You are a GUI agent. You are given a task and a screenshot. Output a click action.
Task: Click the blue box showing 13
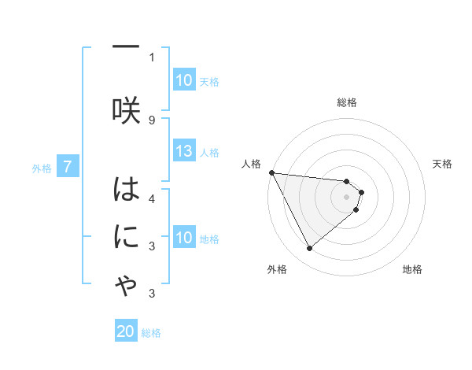(x=184, y=152)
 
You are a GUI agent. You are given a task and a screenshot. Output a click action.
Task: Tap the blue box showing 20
(x=126, y=332)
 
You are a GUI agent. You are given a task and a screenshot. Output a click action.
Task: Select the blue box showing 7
(x=68, y=167)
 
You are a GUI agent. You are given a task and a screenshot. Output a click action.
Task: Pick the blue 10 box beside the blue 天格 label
(x=184, y=80)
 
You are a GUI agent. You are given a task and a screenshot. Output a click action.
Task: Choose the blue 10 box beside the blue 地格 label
(x=184, y=238)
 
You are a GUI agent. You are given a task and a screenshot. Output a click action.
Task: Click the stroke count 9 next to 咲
(x=152, y=120)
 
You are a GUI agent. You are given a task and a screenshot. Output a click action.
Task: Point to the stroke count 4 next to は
(x=152, y=198)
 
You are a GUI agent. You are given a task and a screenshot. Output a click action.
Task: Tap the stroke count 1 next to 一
(x=152, y=57)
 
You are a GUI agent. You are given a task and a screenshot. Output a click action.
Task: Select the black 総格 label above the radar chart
(x=346, y=102)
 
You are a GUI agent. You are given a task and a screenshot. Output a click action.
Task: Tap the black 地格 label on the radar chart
(x=412, y=270)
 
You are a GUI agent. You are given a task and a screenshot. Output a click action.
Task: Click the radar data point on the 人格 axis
(x=271, y=172)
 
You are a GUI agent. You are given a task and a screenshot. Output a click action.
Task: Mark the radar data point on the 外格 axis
(x=309, y=249)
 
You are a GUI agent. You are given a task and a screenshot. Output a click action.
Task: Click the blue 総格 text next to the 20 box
(x=151, y=333)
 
